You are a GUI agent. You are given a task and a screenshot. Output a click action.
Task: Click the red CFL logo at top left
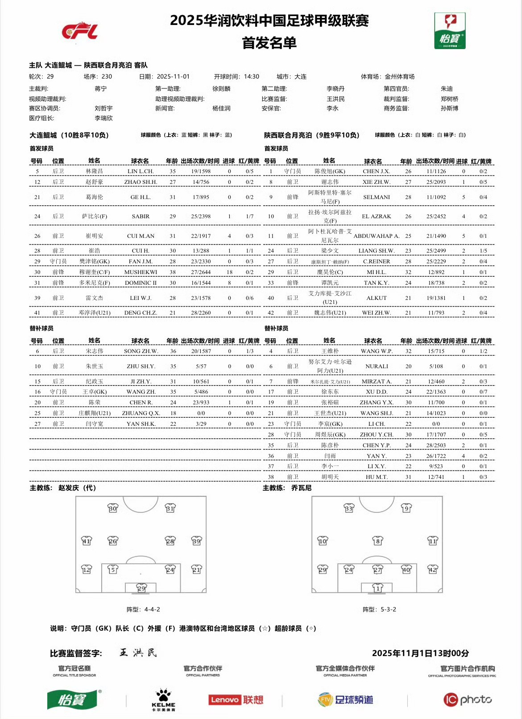tap(80, 31)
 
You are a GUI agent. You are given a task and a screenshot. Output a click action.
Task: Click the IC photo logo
tap(467, 699)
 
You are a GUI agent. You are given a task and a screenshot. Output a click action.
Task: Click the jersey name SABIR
tap(141, 216)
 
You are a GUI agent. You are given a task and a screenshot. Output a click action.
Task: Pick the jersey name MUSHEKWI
tap(141, 272)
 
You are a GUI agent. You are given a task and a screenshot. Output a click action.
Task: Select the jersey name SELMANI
tap(377, 197)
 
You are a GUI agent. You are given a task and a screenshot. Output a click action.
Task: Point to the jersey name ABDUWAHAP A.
tap(377, 236)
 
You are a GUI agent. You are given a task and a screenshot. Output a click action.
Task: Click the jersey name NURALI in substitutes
tap(377, 366)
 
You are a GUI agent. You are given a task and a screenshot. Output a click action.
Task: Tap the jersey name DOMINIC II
tap(141, 283)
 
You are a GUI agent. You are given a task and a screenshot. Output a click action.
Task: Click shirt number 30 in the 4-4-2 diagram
tap(113, 508)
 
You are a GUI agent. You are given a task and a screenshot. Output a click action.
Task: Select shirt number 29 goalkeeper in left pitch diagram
tap(141, 588)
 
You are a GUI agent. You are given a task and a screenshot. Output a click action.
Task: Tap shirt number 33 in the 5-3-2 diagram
tap(349, 508)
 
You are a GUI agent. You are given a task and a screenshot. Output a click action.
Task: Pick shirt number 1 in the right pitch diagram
tap(378, 588)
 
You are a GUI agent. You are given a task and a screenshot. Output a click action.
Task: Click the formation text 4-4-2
tap(152, 609)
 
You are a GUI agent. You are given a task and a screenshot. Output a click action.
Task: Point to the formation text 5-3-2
tap(388, 609)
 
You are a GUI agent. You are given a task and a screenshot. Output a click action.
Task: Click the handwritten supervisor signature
tap(138, 653)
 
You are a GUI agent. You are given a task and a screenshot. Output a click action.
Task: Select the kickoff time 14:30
tap(251, 77)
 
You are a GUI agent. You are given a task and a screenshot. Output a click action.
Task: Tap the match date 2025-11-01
tap(173, 77)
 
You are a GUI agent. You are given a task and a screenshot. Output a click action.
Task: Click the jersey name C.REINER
tap(377, 262)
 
